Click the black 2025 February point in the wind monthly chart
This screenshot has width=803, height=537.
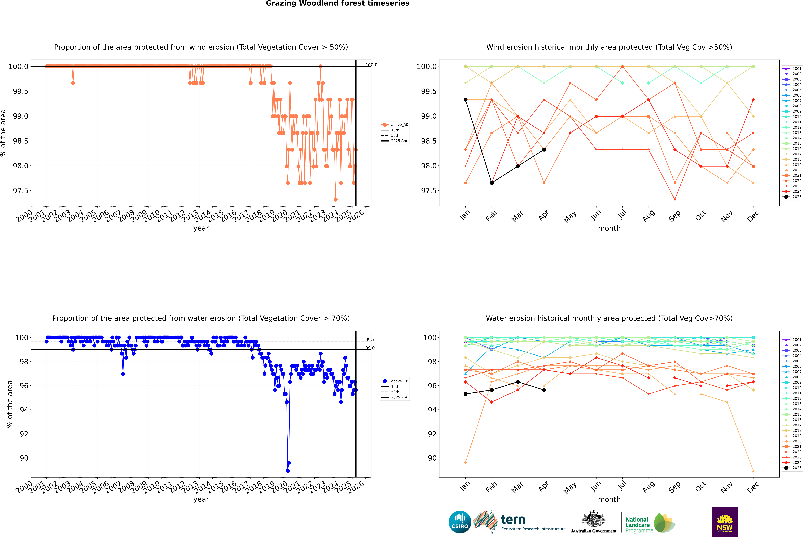click(492, 183)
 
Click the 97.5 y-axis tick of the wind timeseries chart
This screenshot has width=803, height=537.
click(21, 191)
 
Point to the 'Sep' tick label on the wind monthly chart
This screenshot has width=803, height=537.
click(674, 216)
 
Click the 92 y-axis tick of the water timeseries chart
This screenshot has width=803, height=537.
click(24, 434)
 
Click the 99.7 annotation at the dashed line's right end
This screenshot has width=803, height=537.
click(370, 340)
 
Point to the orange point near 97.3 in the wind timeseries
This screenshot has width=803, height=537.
click(335, 200)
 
